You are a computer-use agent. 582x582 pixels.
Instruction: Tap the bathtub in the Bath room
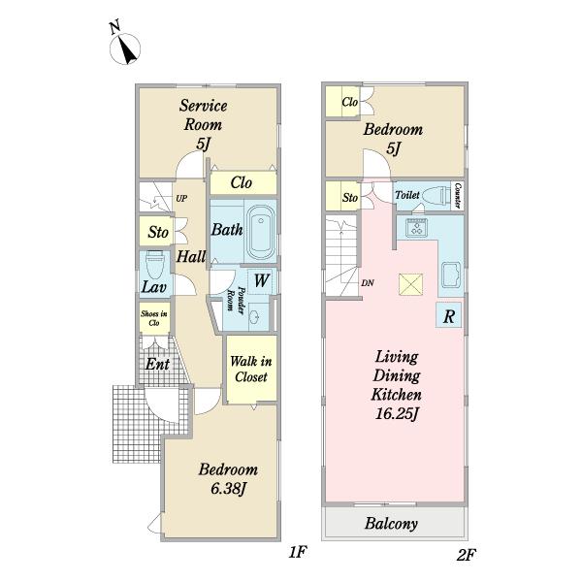click(x=261, y=231)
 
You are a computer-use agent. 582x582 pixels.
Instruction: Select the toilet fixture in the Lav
click(x=154, y=263)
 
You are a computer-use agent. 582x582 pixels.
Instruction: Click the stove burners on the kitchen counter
click(x=416, y=228)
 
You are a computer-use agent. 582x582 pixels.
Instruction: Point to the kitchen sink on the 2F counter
click(x=451, y=275)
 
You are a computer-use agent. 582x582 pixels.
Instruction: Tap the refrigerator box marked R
click(x=449, y=315)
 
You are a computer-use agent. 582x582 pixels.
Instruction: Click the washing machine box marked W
click(x=261, y=280)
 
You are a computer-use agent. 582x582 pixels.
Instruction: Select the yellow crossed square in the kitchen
click(x=410, y=284)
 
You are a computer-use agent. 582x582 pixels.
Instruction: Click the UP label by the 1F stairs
click(x=181, y=199)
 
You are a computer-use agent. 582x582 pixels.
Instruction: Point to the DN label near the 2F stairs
click(x=368, y=283)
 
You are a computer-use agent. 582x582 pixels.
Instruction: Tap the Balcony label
click(x=391, y=524)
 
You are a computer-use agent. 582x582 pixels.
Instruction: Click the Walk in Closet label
click(x=251, y=369)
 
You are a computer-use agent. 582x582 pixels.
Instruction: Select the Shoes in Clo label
click(x=154, y=318)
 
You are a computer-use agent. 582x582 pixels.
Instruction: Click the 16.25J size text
click(x=397, y=413)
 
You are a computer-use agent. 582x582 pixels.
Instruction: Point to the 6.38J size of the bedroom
click(x=228, y=489)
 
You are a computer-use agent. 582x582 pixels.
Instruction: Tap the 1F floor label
click(x=298, y=552)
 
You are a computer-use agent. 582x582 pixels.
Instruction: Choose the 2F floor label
click(x=467, y=555)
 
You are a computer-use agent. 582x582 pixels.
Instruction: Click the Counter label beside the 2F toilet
click(x=458, y=196)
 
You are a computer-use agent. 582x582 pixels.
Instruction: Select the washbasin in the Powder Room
click(x=255, y=316)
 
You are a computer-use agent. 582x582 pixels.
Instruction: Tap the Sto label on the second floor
click(x=350, y=197)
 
